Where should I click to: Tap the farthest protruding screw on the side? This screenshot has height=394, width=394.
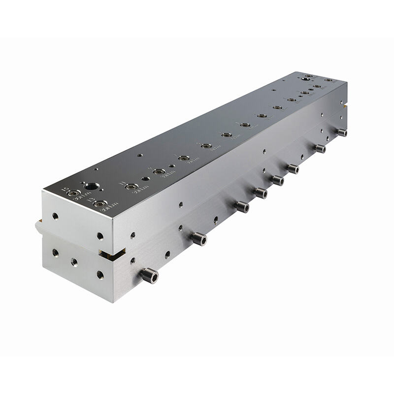(341, 132)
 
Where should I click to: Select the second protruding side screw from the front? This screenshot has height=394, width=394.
(198, 239)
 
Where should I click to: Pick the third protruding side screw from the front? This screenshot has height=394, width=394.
(241, 207)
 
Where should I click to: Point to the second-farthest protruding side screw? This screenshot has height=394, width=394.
(320, 148)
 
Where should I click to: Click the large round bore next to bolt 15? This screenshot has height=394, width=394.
(91, 186)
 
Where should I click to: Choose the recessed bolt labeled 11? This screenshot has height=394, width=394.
(131, 187)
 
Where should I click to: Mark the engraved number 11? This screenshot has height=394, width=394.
(122, 183)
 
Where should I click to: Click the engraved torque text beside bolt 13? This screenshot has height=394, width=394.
(109, 207)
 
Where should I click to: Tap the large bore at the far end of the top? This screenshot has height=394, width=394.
(307, 78)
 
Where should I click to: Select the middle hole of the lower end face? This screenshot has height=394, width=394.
(74, 262)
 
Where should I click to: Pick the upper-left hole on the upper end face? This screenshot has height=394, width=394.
(55, 216)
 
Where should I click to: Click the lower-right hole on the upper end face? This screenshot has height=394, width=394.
(100, 236)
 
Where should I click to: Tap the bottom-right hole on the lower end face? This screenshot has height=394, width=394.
(100, 274)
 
